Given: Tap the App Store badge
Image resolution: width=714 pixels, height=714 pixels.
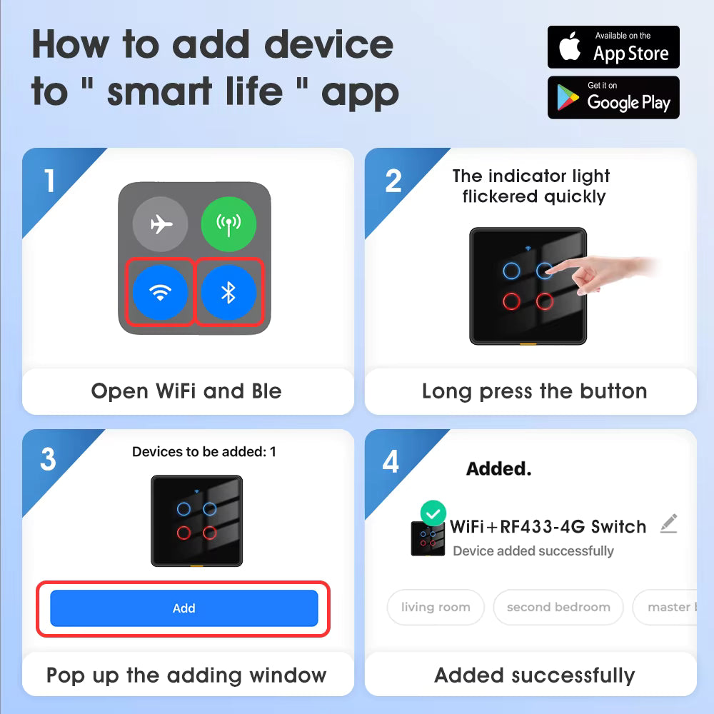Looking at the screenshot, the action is click(613, 47).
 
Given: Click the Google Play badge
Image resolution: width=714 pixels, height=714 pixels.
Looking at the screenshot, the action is click(613, 97).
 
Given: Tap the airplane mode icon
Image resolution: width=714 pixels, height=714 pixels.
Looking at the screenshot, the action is click(160, 224).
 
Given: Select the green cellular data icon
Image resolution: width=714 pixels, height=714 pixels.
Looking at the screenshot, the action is click(228, 224).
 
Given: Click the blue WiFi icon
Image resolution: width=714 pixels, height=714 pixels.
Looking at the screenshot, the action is click(160, 292).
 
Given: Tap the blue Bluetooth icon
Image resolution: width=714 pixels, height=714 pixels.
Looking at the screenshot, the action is click(228, 292).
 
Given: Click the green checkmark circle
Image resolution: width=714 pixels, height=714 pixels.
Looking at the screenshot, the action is click(433, 513).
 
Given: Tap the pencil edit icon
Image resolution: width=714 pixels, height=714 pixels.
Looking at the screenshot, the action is click(669, 523).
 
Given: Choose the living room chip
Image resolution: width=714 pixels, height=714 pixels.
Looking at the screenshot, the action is click(436, 607).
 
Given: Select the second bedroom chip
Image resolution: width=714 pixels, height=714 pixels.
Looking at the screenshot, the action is click(558, 607).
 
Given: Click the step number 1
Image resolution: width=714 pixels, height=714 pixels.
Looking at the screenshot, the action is click(49, 181).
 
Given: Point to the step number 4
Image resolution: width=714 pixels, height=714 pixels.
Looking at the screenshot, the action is click(391, 461).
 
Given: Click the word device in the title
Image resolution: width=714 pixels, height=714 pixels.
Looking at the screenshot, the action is click(328, 44).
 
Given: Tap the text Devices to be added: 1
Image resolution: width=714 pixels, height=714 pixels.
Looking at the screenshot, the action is click(204, 452).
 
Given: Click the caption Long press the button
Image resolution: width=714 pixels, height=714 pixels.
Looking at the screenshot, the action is click(535, 391).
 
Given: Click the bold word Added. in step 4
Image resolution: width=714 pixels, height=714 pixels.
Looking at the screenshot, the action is click(498, 468).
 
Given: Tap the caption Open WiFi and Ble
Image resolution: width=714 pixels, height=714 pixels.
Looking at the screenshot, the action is click(186, 391).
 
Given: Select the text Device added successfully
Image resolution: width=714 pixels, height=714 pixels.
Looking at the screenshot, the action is click(533, 551).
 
